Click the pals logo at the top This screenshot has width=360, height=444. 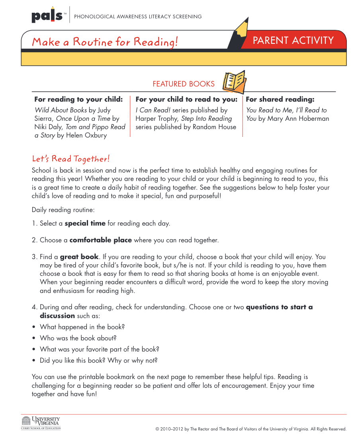coord(47,16)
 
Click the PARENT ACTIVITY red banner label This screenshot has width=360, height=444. coord(293,40)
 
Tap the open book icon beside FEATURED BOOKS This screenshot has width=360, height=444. coord(234,82)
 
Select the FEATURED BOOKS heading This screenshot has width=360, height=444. coord(184,84)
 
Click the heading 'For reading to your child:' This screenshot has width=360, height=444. coord(78,99)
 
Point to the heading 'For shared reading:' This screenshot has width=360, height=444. coord(280,99)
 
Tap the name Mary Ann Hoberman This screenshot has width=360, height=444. coord(298,118)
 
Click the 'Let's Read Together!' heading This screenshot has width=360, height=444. coord(70,159)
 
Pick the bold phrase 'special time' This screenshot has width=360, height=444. coord(85,223)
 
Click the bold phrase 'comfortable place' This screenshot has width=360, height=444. coord(100,240)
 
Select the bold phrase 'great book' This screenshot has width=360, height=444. coord(79,257)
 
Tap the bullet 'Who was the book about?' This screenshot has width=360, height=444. coord(78,338)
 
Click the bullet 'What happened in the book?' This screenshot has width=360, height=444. coord(82,327)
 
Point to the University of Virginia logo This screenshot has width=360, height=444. coord(41,423)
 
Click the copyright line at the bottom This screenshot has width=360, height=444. coord(251,429)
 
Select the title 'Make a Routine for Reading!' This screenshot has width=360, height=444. coord(105,41)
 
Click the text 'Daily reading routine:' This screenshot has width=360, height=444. coord(63,210)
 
